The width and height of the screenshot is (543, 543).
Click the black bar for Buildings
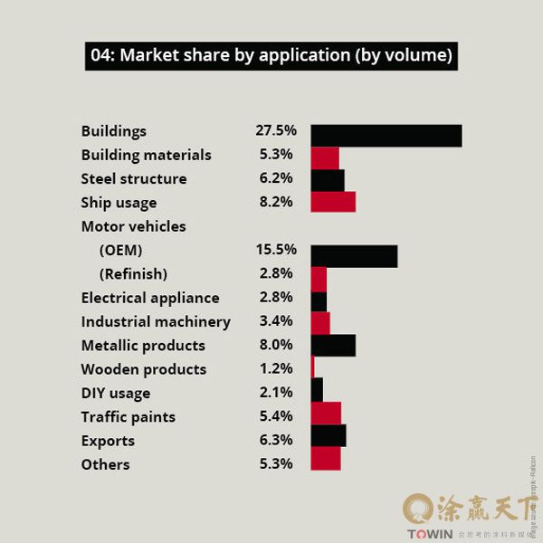[386, 136]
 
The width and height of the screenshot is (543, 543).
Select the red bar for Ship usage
[332, 202]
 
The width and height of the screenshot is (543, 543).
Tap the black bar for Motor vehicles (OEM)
[354, 255]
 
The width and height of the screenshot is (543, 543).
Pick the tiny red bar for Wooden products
[312, 367]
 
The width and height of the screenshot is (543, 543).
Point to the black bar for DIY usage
[317, 390]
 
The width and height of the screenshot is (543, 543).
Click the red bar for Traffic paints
[326, 414]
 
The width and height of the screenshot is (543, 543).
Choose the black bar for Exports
[328, 436]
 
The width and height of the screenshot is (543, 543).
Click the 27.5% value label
[275, 130]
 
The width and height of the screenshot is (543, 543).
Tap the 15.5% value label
[275, 249]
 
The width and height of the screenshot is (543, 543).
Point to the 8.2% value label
[275, 202]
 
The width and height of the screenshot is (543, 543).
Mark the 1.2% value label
[275, 368]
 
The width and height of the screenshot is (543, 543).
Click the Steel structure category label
[134, 178]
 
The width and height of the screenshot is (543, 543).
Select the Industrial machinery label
[156, 321]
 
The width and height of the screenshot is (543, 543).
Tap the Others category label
[105, 464]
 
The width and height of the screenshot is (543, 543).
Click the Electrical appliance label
[150, 298]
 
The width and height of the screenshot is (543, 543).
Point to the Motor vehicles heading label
[133, 225]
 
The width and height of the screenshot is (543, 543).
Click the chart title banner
[271, 55]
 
